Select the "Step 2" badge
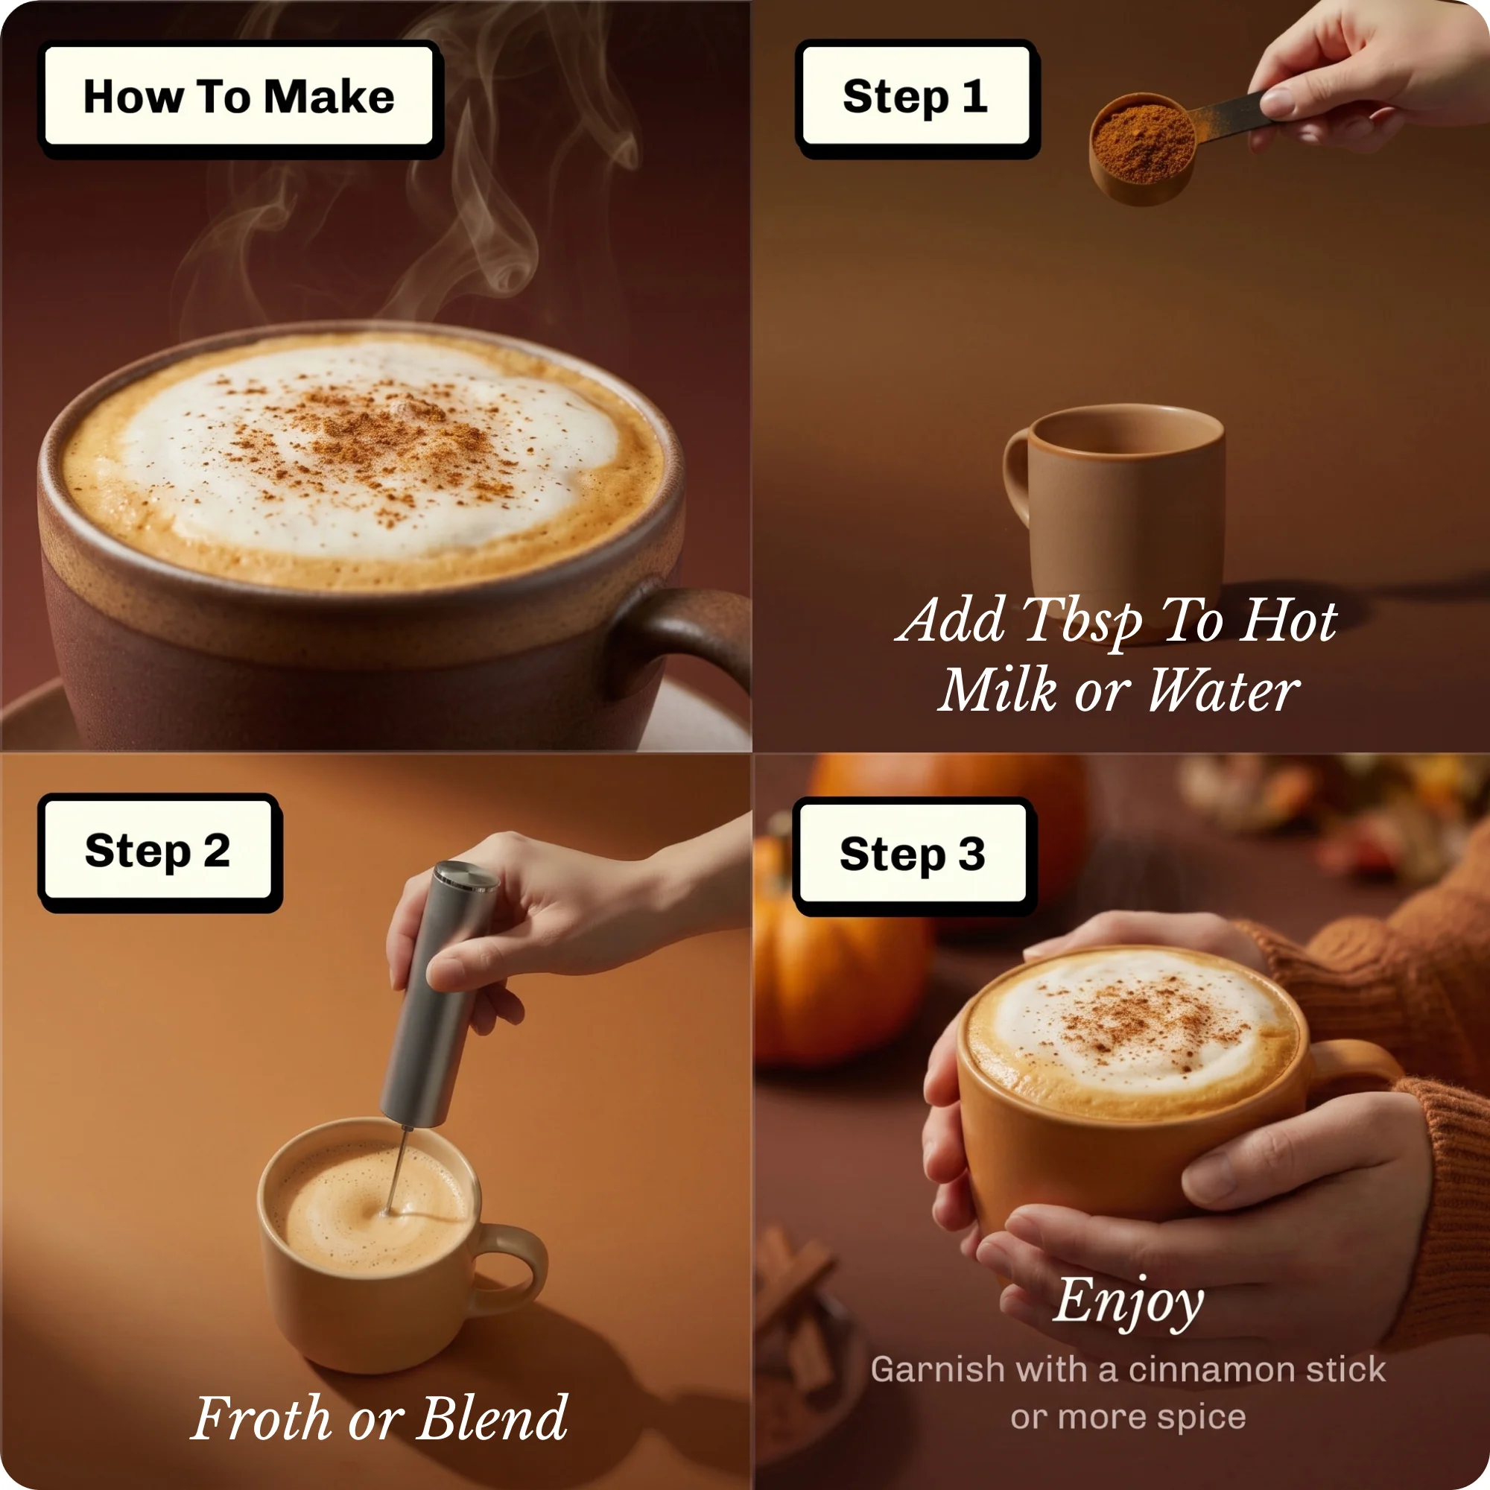coord(159,852)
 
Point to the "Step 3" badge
coord(914,856)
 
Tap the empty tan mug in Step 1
coord(1116,509)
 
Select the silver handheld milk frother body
coord(438,995)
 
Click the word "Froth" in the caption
coord(261,1419)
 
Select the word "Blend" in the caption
coord(492,1419)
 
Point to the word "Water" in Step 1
coord(1224,691)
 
